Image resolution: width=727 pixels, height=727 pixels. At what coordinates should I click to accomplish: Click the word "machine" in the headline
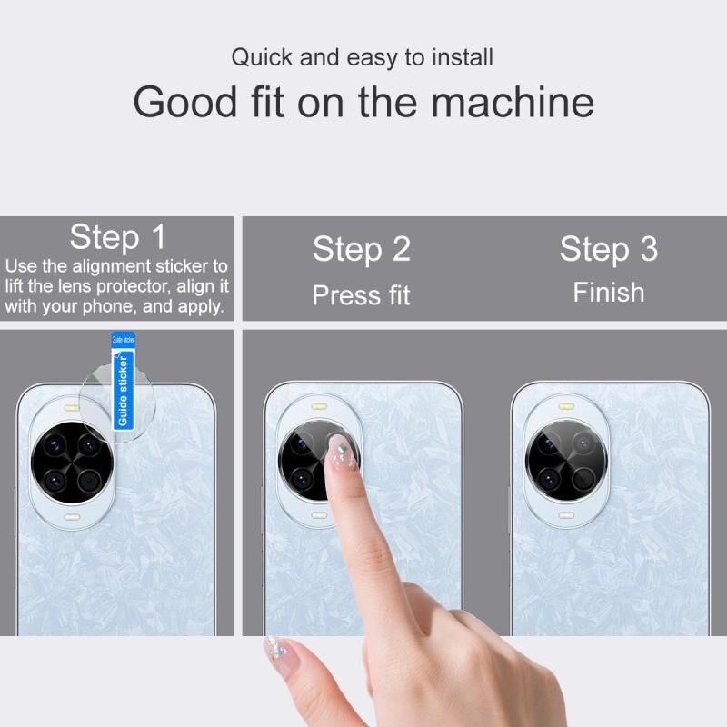513,102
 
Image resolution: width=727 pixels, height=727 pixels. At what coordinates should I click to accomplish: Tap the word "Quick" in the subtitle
262,58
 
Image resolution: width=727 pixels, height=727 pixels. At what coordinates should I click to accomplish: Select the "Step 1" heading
117,237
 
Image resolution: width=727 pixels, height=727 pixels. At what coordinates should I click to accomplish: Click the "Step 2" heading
361,249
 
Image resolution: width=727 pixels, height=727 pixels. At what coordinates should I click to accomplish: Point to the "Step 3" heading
608,249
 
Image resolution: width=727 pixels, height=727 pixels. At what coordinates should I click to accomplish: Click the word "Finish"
608,293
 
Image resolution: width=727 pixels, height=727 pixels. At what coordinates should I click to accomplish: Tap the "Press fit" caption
361,295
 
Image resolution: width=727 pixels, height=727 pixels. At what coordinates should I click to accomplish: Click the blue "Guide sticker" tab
124,381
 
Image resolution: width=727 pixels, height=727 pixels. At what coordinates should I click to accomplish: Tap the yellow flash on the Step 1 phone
72,408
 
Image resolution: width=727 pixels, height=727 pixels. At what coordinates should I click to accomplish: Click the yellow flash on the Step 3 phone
566,406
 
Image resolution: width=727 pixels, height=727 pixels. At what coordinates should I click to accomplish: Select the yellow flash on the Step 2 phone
320,406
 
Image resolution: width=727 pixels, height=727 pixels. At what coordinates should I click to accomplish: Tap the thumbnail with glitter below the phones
278,653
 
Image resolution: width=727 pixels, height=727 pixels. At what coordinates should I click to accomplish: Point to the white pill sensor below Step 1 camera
72,517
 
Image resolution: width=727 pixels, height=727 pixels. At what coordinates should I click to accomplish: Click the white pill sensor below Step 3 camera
566,515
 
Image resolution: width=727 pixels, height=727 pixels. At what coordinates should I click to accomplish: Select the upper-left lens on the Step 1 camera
55,445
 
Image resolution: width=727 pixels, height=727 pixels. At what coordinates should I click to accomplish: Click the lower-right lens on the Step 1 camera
89,481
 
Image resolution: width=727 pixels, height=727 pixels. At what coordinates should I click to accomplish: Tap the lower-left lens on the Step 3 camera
549,479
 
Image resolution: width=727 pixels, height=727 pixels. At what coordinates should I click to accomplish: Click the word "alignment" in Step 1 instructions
111,266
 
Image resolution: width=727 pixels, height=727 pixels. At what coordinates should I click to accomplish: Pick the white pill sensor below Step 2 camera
320,515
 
